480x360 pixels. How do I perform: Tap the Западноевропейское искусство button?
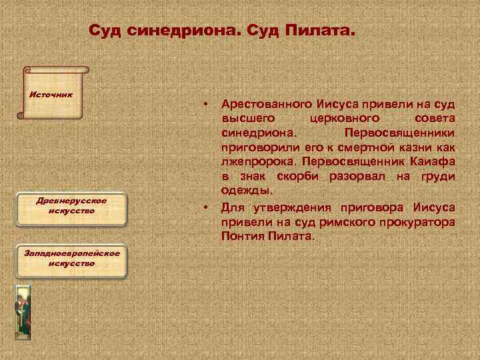pos(71,258)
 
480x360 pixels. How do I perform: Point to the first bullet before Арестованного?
pos(209,105)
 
